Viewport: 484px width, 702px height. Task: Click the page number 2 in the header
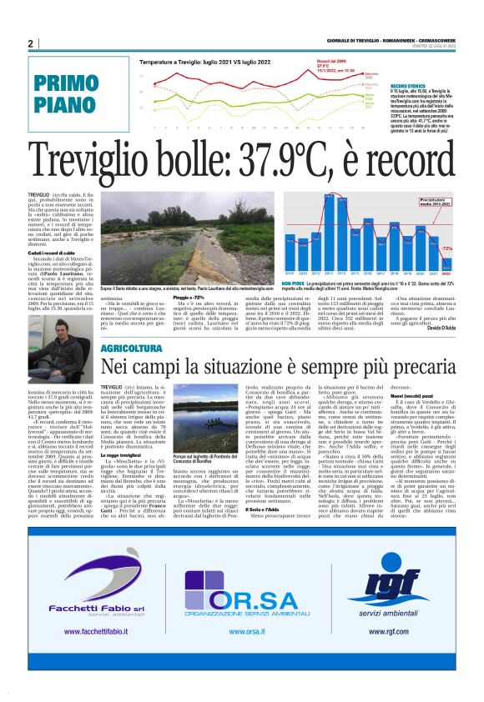coord(29,43)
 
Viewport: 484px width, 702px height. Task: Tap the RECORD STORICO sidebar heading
coord(406,85)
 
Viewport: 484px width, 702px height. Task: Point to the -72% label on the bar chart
coord(446,249)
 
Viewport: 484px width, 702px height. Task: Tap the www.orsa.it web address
coord(241,632)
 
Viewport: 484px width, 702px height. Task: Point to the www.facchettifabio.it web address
coord(81,632)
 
